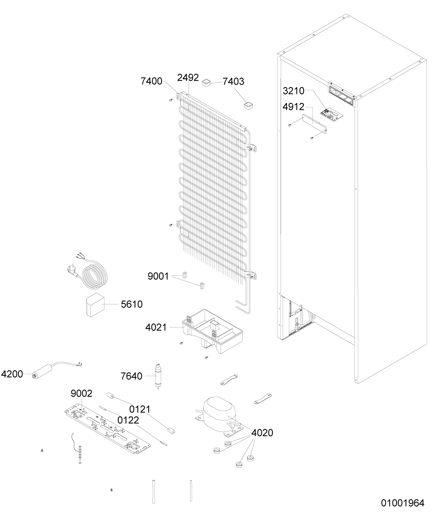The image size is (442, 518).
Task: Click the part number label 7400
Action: point(151,81)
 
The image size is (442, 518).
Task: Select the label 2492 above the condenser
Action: point(188,78)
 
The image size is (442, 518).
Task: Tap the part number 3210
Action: point(293,91)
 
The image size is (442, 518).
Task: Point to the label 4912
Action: point(293,107)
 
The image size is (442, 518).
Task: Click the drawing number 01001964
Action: point(403,503)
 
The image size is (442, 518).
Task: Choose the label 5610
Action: point(132,304)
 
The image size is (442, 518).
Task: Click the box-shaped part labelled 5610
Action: point(96,305)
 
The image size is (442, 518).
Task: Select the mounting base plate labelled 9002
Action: point(108,429)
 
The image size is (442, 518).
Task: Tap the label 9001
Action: point(158,276)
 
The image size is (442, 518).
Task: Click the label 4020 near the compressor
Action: point(262,433)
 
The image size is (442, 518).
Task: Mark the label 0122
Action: point(128,420)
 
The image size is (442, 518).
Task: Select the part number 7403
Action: point(233,82)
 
